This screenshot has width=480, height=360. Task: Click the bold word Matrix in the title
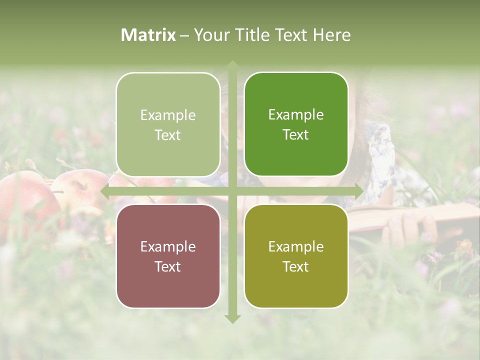tap(148, 35)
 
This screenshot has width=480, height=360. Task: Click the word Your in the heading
tap(209, 35)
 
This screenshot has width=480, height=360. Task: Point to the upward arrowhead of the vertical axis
tap(232, 65)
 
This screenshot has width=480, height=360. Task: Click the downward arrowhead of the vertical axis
tap(232, 318)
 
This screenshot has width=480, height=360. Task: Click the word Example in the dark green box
tap(296, 115)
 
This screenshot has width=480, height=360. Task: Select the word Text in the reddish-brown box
tap(168, 266)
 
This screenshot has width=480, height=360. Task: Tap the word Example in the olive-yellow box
tap(296, 246)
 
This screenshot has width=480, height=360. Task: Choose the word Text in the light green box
tap(168, 135)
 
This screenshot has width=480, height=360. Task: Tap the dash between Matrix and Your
tap(184, 35)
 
